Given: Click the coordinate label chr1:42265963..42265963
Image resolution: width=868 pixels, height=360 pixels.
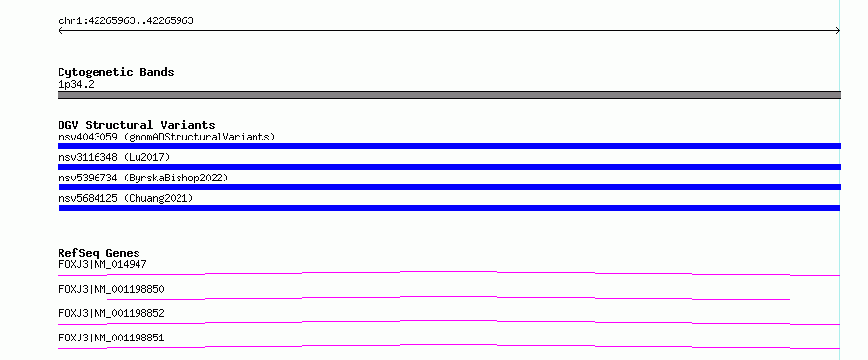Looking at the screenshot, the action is pyautogui.click(x=126, y=21).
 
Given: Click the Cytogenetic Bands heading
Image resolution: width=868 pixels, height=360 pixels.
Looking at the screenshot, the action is pyautogui.click(x=116, y=72).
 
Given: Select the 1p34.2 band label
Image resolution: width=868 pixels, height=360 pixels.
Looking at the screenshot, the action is pyautogui.click(x=76, y=84).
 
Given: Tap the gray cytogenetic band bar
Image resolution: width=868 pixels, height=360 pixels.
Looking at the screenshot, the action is pyautogui.click(x=449, y=95).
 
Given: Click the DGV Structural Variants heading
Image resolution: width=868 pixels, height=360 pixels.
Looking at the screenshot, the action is pyautogui.click(x=137, y=125).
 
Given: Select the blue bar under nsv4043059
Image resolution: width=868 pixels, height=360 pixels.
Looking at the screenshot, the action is pyautogui.click(x=449, y=146).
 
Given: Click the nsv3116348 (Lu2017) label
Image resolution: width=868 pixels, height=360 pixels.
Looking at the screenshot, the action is pyautogui.click(x=114, y=157).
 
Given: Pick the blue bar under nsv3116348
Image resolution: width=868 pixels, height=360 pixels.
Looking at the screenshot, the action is pyautogui.click(x=449, y=167).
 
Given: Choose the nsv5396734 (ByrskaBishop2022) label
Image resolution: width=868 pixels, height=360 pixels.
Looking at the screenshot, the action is pyautogui.click(x=143, y=178).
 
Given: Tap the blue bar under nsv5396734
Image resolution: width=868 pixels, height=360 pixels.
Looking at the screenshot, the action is pyautogui.click(x=449, y=187).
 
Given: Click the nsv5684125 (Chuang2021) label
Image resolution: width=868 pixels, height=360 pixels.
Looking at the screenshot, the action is pyautogui.click(x=126, y=198).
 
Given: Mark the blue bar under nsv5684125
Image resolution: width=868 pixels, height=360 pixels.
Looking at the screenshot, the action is pyautogui.click(x=449, y=208).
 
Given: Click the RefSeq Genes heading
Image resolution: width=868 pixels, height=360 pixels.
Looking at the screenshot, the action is pyautogui.click(x=99, y=254).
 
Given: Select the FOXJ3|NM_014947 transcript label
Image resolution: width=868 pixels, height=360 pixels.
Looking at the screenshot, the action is pyautogui.click(x=102, y=264).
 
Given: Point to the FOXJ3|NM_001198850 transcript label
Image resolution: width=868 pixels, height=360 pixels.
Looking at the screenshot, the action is pyautogui.click(x=111, y=289).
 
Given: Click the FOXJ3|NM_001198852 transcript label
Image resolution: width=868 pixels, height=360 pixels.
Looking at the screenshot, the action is pyautogui.click(x=111, y=313).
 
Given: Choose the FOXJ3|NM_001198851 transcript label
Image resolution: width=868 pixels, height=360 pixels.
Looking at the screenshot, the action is pyautogui.click(x=111, y=338).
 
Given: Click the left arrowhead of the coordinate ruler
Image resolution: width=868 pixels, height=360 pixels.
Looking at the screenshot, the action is pyautogui.click(x=59, y=31).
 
